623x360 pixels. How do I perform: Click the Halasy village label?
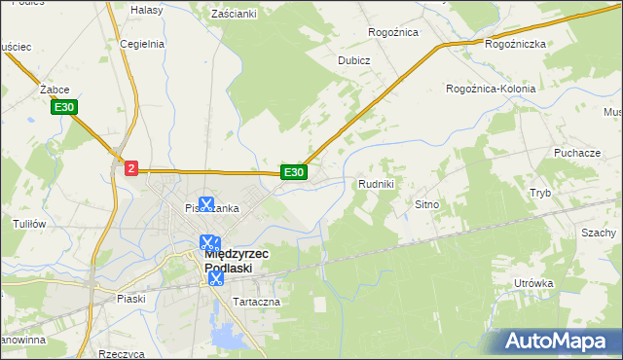[147, 9]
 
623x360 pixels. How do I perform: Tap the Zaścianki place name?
[233, 15]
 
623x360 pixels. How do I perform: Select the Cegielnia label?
[140, 44]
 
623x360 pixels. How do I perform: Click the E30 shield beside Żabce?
[65, 107]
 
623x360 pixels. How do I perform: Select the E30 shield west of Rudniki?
[294, 172]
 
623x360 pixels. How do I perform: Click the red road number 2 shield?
[131, 168]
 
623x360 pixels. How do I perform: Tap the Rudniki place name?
[376, 183]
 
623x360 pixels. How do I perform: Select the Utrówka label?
[533, 283]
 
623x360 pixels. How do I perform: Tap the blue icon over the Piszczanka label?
[206, 204]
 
